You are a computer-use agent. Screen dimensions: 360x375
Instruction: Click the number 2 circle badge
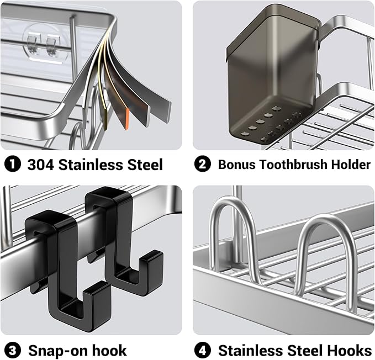(x=202, y=165)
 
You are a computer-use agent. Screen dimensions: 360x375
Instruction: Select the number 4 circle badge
(x=202, y=350)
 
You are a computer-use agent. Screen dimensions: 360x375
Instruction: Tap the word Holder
(x=351, y=165)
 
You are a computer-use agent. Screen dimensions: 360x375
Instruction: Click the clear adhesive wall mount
(x=44, y=41)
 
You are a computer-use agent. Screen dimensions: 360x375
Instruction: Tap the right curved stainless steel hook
(x=320, y=254)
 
